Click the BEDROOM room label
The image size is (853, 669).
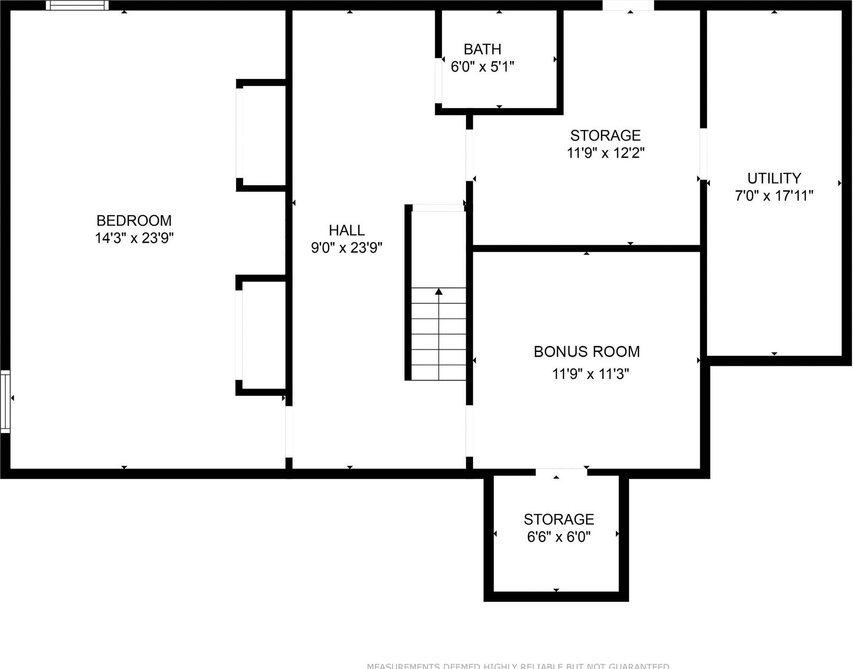pyautogui.click(x=134, y=220)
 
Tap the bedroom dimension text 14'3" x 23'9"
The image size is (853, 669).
pyautogui.click(x=134, y=238)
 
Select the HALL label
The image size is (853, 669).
pyautogui.click(x=347, y=230)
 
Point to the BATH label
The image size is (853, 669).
pyautogui.click(x=482, y=49)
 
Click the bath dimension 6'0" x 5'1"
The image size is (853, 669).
pyautogui.click(x=482, y=67)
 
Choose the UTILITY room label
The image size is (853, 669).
pyautogui.click(x=774, y=178)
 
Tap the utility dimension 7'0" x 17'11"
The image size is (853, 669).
pyautogui.click(x=774, y=196)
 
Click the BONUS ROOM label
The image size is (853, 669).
pyautogui.click(x=587, y=352)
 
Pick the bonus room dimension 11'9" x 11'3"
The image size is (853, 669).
pyautogui.click(x=590, y=374)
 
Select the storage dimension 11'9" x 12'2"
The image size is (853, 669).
pyautogui.click(x=605, y=152)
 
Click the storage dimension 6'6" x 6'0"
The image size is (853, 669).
pyautogui.click(x=559, y=537)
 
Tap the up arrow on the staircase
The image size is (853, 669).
pyautogui.click(x=439, y=292)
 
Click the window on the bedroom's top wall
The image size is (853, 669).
pyautogui.click(x=77, y=6)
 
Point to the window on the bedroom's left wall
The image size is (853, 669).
pyautogui.click(x=5, y=401)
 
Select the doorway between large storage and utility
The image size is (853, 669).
pyautogui.click(x=703, y=154)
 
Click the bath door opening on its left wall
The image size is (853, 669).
pyautogui.click(x=439, y=80)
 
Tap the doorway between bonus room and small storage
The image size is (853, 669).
pyautogui.click(x=561, y=472)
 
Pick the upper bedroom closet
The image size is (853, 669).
pyautogui.click(x=264, y=135)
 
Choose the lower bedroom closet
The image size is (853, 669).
pyautogui.click(x=264, y=335)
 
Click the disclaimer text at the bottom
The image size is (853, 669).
pyautogui.click(x=517, y=666)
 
